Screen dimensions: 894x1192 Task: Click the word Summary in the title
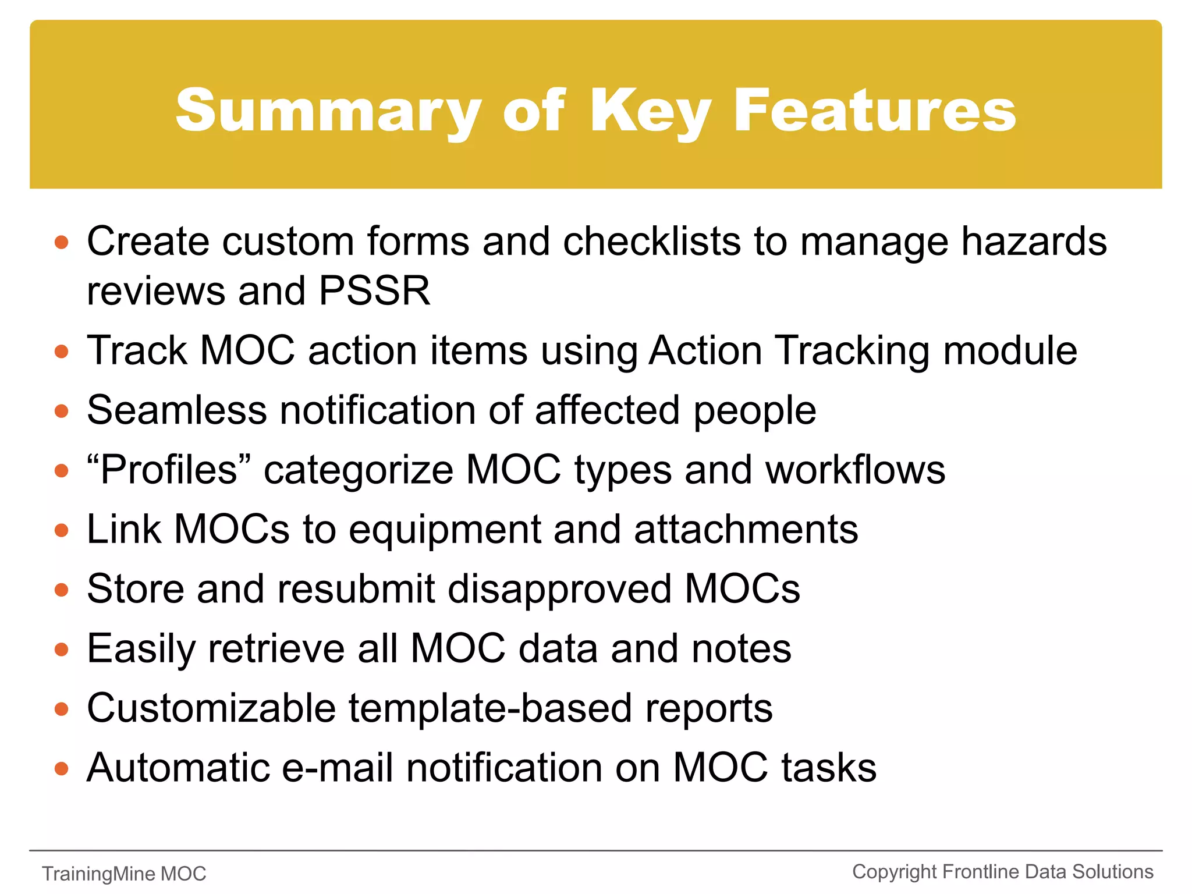click(328, 111)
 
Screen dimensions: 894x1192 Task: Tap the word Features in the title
click(874, 111)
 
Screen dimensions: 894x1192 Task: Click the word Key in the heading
click(650, 111)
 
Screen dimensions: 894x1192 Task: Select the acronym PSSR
click(374, 290)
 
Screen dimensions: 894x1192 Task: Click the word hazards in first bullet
click(1033, 241)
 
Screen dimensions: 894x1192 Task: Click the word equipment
click(444, 530)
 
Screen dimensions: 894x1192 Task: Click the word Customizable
click(211, 708)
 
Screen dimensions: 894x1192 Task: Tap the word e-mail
click(337, 768)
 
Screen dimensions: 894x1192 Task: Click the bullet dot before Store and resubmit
click(61, 590)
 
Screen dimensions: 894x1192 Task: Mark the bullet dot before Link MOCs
click(61, 531)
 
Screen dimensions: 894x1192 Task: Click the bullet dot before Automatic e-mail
click(61, 769)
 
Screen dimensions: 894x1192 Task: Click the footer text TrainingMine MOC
click(124, 874)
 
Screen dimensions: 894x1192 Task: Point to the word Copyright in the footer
click(894, 872)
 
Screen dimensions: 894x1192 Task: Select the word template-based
click(490, 708)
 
